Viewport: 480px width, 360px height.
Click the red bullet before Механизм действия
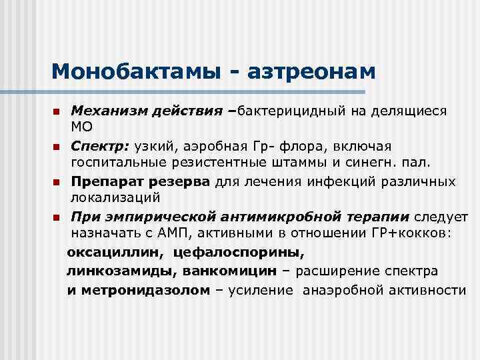click(x=58, y=110)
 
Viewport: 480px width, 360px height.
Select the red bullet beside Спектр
click(x=58, y=146)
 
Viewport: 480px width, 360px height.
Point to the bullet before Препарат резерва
click(x=58, y=182)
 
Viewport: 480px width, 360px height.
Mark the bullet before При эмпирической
click(x=58, y=218)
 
